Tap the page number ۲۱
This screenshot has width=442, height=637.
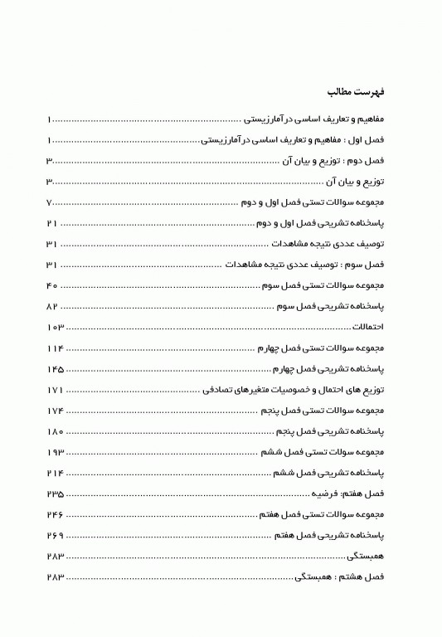(x=52, y=224)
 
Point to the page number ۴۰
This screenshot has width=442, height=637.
(x=52, y=286)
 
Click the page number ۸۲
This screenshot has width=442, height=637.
(x=52, y=307)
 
